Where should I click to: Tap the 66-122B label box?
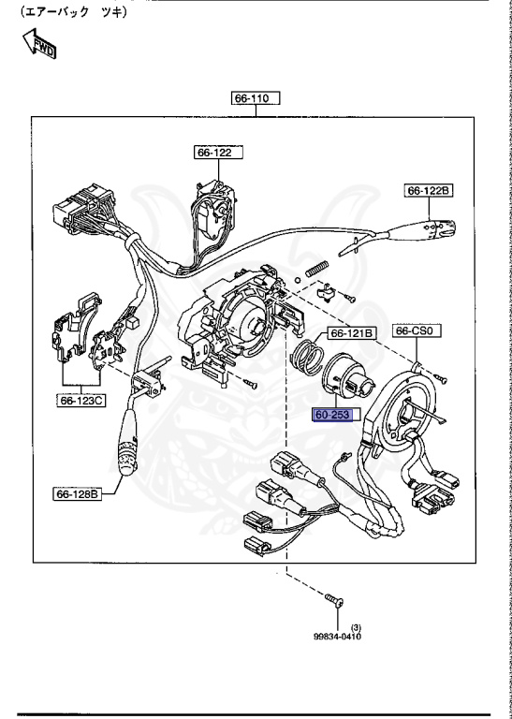(429, 191)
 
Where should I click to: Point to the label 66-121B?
(351, 332)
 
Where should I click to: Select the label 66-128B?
(77, 492)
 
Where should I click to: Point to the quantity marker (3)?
(356, 626)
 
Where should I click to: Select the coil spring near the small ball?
(317, 267)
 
